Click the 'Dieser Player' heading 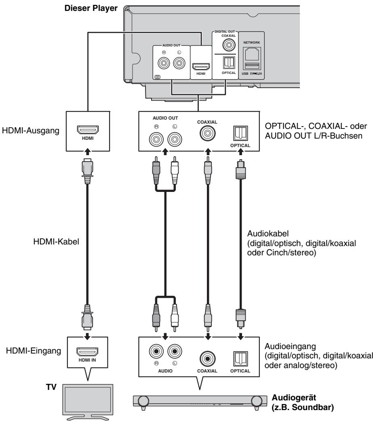[91, 8]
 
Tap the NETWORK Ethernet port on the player [252, 53]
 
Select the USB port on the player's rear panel [252, 65]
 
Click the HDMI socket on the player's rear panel [201, 66]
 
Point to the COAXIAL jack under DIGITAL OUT [229, 44]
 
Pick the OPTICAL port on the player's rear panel [229, 63]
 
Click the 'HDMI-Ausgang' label [31, 131]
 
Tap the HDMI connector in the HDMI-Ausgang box [88, 130]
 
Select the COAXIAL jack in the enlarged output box [207, 133]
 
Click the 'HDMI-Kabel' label [56, 241]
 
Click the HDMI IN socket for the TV [87, 352]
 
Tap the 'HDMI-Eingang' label [34, 351]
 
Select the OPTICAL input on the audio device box [240, 359]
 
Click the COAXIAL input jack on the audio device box [207, 359]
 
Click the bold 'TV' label [51, 387]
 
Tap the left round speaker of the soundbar [143, 401]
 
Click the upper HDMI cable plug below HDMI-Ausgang [88, 171]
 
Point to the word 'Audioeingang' [290, 346]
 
